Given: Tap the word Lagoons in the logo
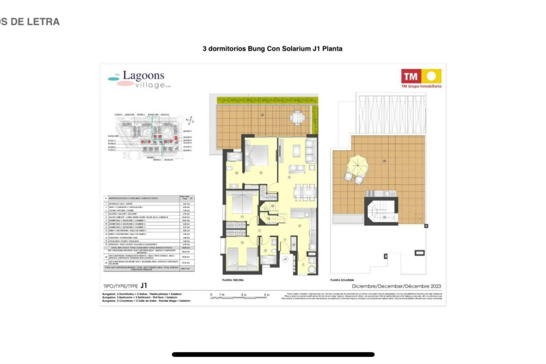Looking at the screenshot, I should (143, 76).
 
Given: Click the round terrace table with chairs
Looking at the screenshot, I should (297, 117).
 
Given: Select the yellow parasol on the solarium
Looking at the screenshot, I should (357, 165).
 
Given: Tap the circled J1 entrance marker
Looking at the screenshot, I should (285, 259).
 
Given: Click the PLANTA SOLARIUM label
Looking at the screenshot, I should (342, 280).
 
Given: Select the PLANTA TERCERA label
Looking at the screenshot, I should (233, 280).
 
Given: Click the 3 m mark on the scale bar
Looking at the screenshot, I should (244, 295).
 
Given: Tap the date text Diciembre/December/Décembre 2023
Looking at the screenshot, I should (396, 286).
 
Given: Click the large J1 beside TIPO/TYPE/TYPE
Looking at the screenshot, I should (144, 286).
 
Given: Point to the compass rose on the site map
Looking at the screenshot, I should (190, 121).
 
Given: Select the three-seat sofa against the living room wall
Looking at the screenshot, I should (311, 150).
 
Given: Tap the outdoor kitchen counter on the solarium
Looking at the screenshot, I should (381, 193).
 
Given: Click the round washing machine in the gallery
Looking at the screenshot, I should (312, 269).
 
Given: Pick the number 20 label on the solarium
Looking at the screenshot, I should (384, 161).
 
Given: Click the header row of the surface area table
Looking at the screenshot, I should (149, 198).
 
